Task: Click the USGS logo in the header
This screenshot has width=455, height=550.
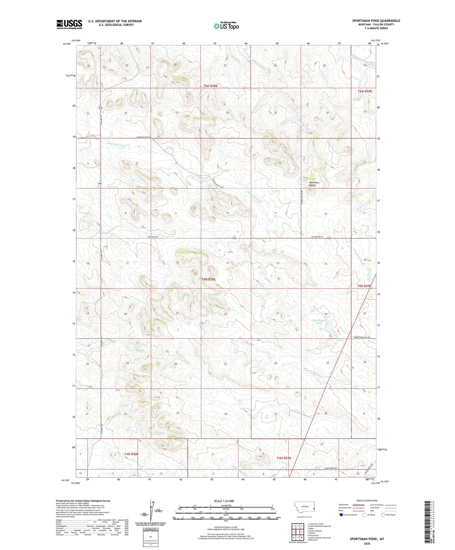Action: tap(69, 24)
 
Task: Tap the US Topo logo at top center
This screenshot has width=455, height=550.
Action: tap(226, 26)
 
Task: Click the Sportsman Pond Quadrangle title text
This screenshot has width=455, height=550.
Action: tap(376, 21)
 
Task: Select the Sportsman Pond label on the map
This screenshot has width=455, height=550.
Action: tap(319, 321)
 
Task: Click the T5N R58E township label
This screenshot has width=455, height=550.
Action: tap(209, 279)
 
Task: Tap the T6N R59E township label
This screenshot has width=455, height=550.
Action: tap(365, 91)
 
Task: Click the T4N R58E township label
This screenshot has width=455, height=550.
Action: tap(131, 454)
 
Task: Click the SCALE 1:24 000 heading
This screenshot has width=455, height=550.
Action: tap(224, 501)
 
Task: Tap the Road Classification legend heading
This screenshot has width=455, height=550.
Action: tap(367, 501)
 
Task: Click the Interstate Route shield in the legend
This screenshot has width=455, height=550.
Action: tap(341, 515)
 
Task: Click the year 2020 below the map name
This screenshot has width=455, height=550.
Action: tap(367, 543)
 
